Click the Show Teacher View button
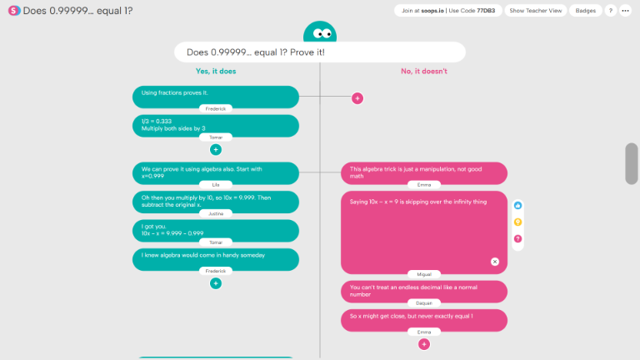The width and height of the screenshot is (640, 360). click(537, 11)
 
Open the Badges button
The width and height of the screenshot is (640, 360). click(585, 11)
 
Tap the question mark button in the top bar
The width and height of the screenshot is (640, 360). click(610, 11)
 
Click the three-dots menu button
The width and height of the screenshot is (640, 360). click(625, 11)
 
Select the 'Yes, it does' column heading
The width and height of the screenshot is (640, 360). click(216, 71)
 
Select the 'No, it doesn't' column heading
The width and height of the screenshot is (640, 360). click(424, 71)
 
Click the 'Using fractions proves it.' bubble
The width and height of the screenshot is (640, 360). click(215, 95)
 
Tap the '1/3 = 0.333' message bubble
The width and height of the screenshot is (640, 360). click(215, 124)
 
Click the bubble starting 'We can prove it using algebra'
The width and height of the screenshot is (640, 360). click(215, 172)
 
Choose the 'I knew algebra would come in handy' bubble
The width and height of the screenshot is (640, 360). click(215, 257)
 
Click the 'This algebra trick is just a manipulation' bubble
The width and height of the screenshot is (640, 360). click(423, 172)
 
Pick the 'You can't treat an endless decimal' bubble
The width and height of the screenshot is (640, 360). click(423, 290)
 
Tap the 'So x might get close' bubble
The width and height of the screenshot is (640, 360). click(423, 318)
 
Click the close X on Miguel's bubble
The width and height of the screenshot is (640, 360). click(494, 262)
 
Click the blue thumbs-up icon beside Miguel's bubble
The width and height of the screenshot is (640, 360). click(517, 205)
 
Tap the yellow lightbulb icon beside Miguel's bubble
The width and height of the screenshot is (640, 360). click(517, 222)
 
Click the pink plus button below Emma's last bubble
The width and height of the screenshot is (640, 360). click(423, 344)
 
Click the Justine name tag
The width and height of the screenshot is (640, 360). click(216, 213)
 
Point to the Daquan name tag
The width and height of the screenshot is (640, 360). click(424, 303)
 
